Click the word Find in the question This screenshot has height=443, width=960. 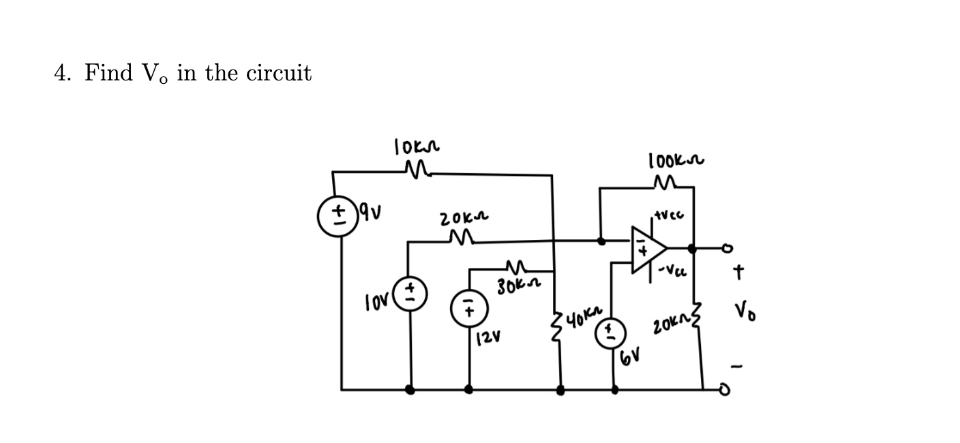pos(109,73)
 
